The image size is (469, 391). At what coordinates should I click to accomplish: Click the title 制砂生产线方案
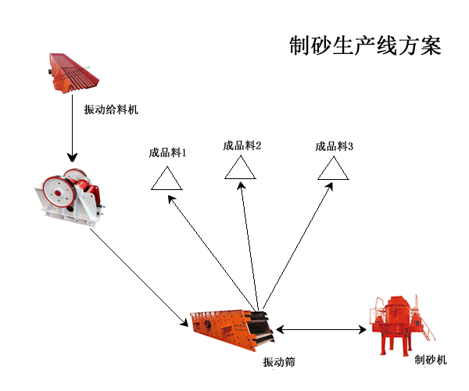tap(365, 45)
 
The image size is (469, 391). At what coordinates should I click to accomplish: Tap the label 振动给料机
tap(111, 109)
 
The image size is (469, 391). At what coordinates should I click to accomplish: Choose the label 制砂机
tap(430, 361)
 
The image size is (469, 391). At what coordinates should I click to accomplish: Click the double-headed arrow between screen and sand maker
tap(321, 331)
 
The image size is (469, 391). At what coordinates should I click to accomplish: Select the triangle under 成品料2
tap(240, 169)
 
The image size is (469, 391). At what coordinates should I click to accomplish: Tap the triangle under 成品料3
tap(334, 169)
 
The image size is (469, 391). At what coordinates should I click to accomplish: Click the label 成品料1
tap(167, 152)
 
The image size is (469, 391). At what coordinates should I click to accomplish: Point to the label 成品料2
tap(242, 145)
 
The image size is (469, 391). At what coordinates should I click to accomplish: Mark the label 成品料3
tap(335, 146)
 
